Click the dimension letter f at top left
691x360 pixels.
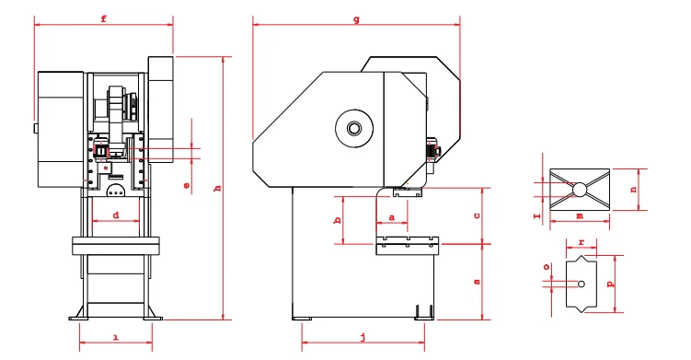click(x=102, y=18)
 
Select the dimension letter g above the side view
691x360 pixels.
click(x=356, y=19)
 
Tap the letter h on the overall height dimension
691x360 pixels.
click(x=217, y=188)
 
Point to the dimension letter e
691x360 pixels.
click(x=187, y=186)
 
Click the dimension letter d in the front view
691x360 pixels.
click(x=115, y=215)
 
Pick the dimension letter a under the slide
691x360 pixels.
click(x=393, y=215)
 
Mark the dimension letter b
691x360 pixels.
click(x=338, y=220)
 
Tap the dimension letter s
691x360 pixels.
click(x=476, y=282)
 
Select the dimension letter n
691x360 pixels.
click(x=632, y=189)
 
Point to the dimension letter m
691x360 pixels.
click(x=578, y=215)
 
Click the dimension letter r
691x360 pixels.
click(x=580, y=243)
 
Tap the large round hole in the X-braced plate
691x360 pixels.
click(x=579, y=189)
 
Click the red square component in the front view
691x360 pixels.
click(x=100, y=150)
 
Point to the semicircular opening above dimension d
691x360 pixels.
click(x=116, y=192)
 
